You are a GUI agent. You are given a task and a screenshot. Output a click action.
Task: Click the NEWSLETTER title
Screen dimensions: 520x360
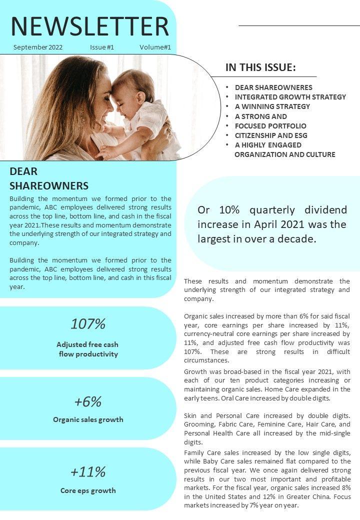[x=90, y=26]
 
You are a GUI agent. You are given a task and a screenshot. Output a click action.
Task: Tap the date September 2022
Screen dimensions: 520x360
[x=38, y=47]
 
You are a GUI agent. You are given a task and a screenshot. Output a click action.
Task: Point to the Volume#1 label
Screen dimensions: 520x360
[x=155, y=47]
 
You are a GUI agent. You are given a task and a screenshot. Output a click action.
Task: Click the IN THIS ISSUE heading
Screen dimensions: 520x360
[x=260, y=67]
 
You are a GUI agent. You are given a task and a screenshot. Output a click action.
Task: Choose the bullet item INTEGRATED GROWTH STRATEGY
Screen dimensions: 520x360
[x=290, y=97]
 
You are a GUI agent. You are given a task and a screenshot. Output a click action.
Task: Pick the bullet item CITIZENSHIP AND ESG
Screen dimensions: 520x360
[x=271, y=135]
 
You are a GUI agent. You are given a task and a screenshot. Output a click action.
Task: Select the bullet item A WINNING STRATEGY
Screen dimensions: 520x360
[x=272, y=106]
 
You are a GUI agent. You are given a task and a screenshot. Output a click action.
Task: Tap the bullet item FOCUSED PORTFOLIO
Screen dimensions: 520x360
[x=270, y=126]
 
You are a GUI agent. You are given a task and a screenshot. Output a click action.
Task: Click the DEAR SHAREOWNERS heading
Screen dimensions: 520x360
[x=49, y=178]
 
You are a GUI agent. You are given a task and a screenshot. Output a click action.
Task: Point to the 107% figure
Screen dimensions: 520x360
[x=88, y=324]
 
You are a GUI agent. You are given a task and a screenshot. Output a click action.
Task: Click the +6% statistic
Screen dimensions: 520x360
[x=88, y=402]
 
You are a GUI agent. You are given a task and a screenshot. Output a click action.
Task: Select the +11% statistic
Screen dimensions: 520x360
[x=88, y=472]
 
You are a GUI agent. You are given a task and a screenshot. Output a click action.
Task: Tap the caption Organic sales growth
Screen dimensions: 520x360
[x=88, y=419]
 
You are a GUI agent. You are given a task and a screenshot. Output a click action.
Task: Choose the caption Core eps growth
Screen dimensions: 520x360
[x=88, y=490]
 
